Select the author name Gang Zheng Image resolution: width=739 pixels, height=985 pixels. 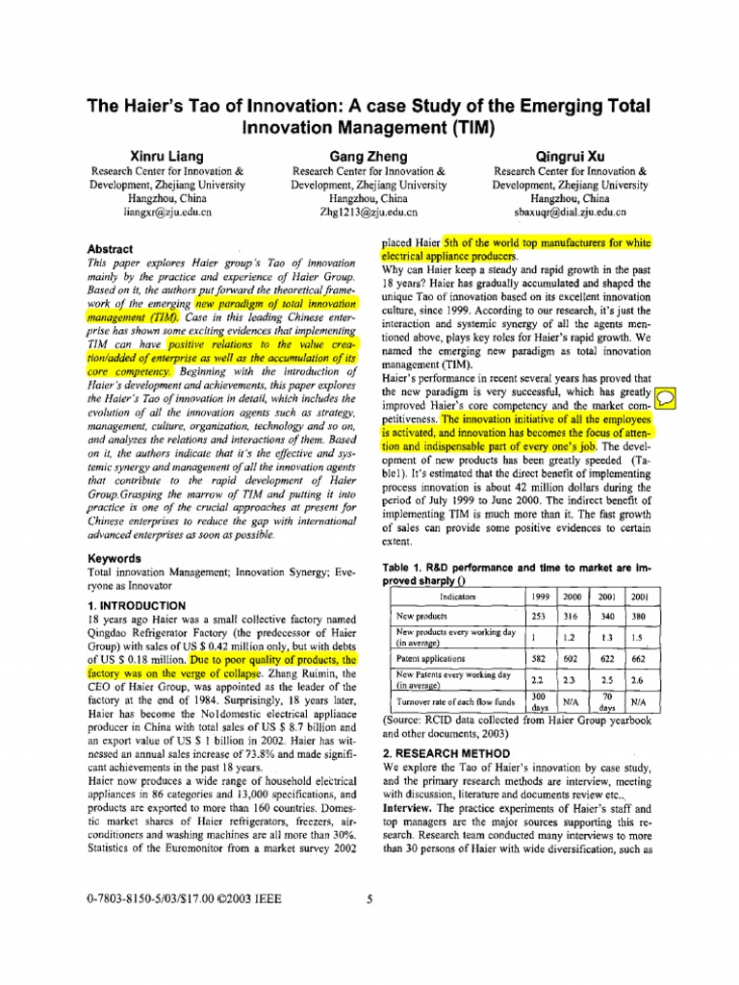coord(369,156)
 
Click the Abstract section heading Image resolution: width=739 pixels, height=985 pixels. coord(112,248)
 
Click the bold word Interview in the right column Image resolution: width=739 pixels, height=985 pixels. coord(408,810)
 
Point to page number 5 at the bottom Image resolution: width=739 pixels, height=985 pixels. coord(369,900)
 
